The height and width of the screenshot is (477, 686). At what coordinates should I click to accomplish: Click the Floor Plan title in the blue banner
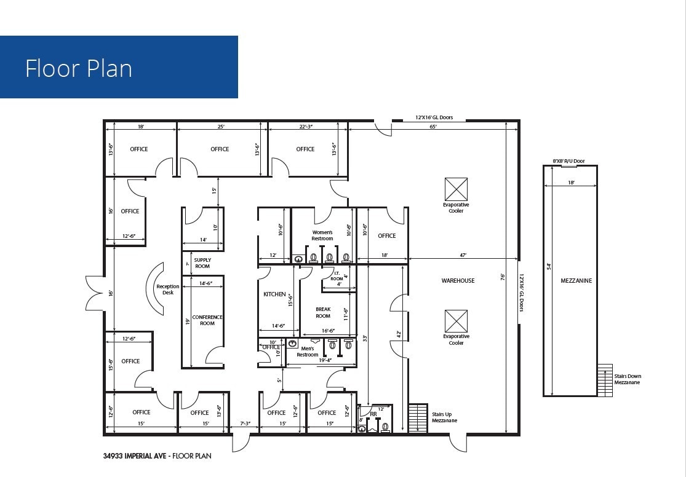tap(79, 68)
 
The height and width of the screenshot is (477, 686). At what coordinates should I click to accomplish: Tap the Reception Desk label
tap(168, 290)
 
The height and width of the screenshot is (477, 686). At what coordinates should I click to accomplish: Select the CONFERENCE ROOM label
tap(207, 320)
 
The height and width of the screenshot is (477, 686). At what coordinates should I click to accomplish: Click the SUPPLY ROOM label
tap(202, 263)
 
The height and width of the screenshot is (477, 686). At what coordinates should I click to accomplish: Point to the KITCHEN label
tap(274, 294)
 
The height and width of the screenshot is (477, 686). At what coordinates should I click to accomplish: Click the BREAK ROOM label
tap(323, 313)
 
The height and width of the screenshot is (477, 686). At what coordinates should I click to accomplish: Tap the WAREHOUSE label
tap(458, 280)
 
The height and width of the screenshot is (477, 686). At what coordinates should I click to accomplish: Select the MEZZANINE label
tap(576, 280)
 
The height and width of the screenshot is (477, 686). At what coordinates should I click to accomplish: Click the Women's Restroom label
tap(322, 235)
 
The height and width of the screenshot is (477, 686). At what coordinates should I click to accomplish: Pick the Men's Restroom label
tap(308, 352)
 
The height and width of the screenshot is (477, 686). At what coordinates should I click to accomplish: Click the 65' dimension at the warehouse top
tap(433, 126)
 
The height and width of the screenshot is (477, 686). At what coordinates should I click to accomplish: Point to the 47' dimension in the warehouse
tap(463, 254)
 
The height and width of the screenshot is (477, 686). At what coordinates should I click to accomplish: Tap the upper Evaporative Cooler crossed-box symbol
tap(456, 189)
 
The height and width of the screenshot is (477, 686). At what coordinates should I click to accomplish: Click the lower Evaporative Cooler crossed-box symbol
tap(456, 321)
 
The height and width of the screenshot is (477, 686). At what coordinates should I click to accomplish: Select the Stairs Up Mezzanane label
tap(444, 417)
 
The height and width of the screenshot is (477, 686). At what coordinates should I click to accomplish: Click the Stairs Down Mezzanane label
tap(627, 379)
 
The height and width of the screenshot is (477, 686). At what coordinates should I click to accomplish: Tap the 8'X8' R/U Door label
tap(568, 161)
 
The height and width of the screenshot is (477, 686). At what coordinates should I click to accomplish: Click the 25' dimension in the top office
tap(221, 126)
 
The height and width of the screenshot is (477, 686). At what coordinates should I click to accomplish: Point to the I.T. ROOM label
tap(337, 276)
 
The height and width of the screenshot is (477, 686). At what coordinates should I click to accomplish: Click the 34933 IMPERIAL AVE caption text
tap(137, 456)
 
